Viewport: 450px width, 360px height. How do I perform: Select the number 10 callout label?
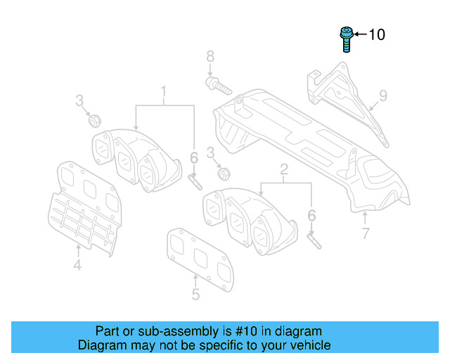(x=377, y=34)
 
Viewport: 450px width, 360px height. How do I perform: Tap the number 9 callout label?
(x=383, y=94)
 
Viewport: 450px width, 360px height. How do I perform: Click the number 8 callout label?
(x=210, y=56)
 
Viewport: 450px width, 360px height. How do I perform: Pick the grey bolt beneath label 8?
(x=218, y=87)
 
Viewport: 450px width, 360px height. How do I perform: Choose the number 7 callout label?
(x=365, y=234)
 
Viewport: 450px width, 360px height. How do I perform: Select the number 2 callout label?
(x=284, y=169)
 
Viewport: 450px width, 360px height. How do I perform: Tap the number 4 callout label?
(x=77, y=265)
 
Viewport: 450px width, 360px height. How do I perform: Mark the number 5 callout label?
(x=195, y=295)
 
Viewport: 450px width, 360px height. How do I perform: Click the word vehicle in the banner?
(x=310, y=345)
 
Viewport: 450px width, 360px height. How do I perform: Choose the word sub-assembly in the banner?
(x=161, y=331)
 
